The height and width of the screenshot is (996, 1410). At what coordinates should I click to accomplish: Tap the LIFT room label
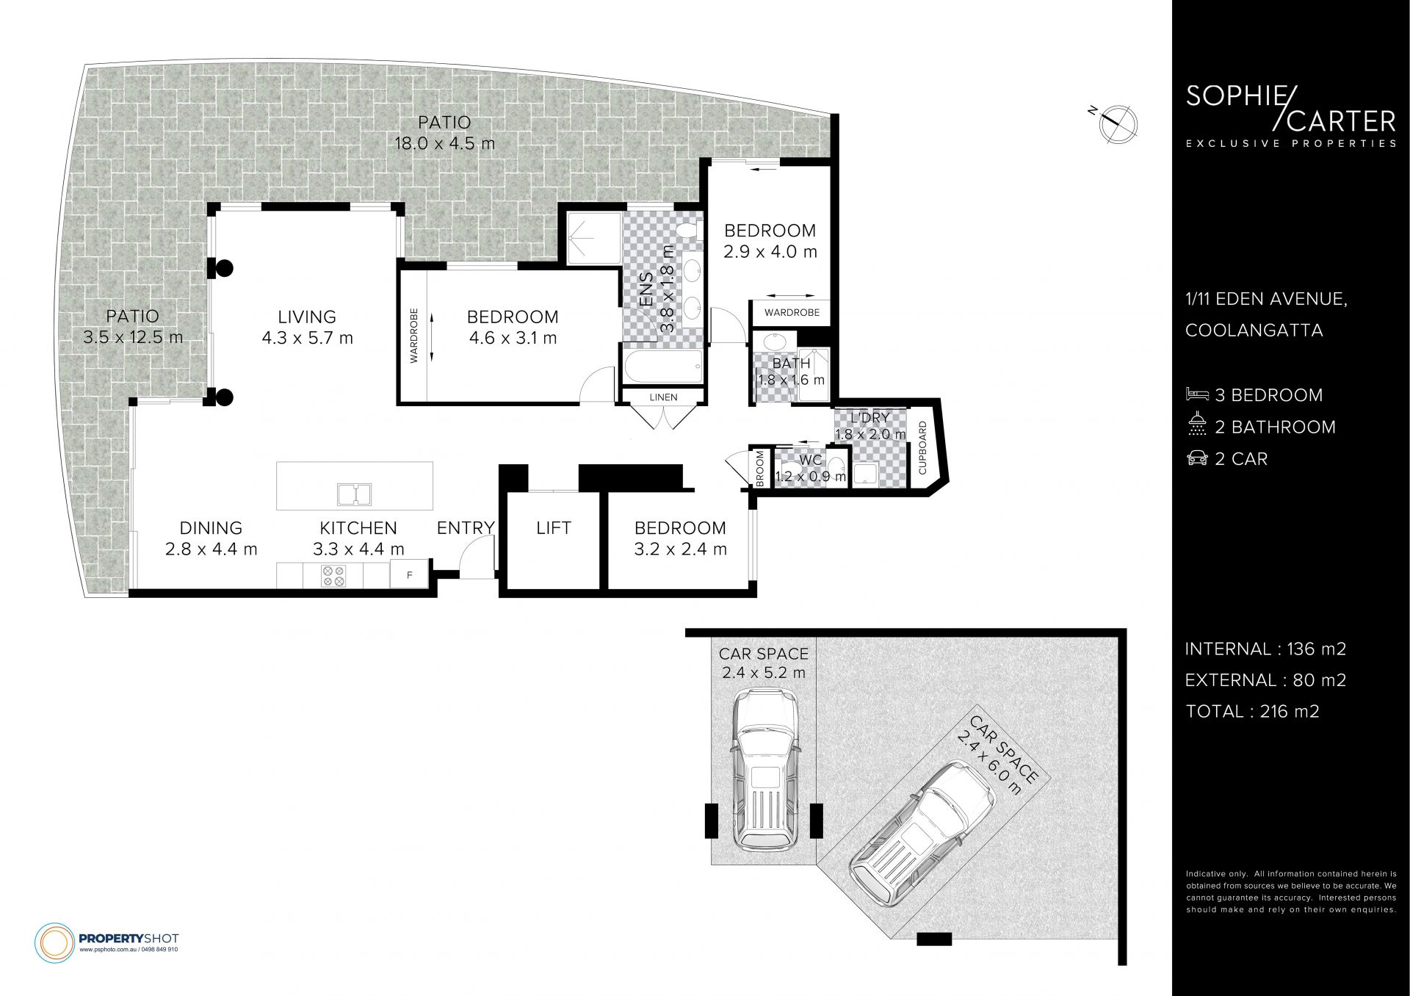click(553, 528)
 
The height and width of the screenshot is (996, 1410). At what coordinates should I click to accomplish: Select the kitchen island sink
click(355, 494)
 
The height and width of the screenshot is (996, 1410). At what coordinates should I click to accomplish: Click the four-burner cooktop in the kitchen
click(333, 575)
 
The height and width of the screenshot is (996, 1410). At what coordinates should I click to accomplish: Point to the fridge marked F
click(410, 574)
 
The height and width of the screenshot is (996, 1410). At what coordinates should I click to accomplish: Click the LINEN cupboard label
click(663, 397)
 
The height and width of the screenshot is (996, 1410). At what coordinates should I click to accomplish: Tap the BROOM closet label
click(760, 469)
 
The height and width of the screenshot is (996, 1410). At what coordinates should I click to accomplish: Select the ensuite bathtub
click(662, 365)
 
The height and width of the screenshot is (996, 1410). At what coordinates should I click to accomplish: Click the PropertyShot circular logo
click(55, 942)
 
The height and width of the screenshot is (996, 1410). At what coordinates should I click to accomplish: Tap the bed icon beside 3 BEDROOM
click(1197, 394)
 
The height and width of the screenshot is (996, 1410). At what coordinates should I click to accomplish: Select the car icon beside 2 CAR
click(1197, 458)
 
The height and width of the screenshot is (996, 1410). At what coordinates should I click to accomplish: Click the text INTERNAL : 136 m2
click(1265, 649)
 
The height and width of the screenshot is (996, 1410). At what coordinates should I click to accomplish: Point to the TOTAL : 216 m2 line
click(1252, 711)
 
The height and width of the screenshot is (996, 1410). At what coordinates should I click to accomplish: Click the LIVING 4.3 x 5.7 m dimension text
click(307, 338)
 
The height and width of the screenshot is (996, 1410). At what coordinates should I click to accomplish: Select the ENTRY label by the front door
click(466, 528)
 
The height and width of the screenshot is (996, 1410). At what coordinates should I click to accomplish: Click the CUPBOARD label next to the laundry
click(922, 447)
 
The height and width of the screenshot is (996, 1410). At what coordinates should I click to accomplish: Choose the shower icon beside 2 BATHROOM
click(1197, 426)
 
